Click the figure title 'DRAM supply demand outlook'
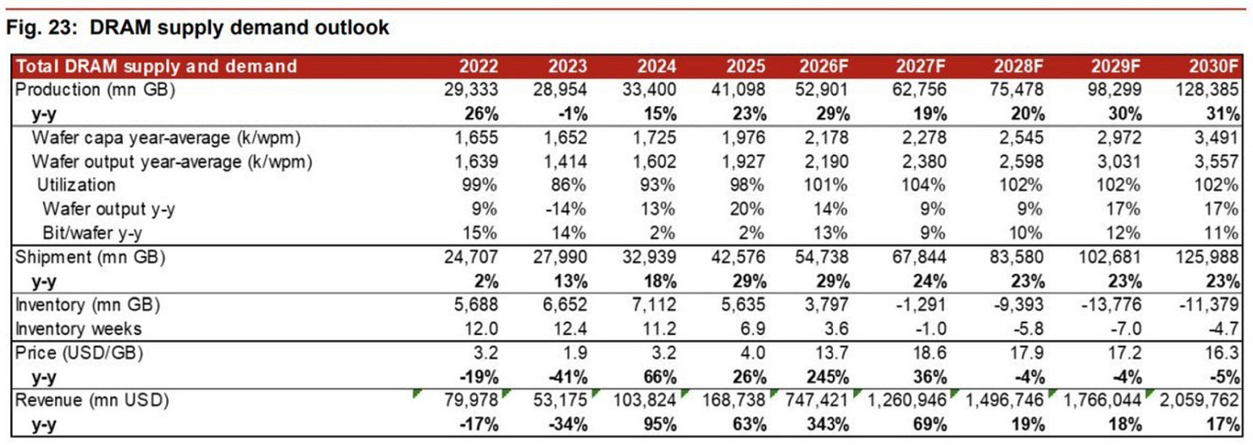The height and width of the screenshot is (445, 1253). (239, 28)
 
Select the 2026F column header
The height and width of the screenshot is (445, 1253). (824, 66)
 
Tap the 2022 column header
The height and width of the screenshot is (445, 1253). (478, 66)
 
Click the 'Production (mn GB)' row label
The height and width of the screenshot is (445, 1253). (95, 90)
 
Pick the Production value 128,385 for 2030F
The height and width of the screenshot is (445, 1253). (1207, 90)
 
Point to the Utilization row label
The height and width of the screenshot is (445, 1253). (76, 185)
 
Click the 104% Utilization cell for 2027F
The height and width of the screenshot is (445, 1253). (923, 185)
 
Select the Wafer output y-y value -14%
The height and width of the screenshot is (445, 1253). (566, 209)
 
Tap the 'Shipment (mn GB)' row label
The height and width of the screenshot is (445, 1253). (90, 256)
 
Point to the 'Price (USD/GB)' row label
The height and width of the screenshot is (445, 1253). (79, 353)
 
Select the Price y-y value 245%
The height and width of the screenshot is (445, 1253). (827, 377)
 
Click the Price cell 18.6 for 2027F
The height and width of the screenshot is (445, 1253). (929, 353)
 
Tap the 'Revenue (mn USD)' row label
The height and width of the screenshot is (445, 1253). (92, 400)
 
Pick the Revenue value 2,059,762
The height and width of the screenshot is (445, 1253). (1199, 400)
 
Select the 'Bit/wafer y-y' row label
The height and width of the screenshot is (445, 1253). (92, 233)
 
